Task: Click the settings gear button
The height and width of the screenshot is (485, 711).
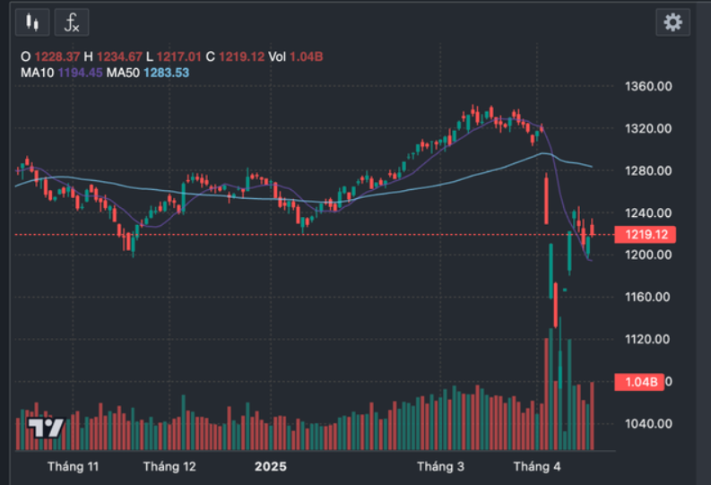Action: [672, 22]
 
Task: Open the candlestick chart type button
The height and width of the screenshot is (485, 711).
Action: [33, 22]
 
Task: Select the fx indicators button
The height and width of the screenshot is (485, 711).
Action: [72, 22]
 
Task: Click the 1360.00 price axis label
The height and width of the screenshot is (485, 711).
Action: [649, 87]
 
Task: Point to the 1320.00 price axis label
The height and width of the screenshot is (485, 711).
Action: [649, 129]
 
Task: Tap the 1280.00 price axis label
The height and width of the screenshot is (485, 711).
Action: [649, 171]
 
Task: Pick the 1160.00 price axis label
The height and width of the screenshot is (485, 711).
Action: [649, 297]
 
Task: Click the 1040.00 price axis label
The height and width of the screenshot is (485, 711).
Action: [649, 423]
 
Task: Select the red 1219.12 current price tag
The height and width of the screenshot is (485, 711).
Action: [643, 235]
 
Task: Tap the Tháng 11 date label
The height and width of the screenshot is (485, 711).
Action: [74, 466]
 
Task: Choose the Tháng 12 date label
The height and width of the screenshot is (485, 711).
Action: [169, 466]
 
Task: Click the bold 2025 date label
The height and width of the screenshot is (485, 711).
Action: [270, 466]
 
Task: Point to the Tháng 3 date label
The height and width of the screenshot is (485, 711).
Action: [441, 466]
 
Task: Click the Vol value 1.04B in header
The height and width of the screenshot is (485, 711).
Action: [307, 56]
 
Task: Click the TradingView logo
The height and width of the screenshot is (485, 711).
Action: [45, 428]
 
